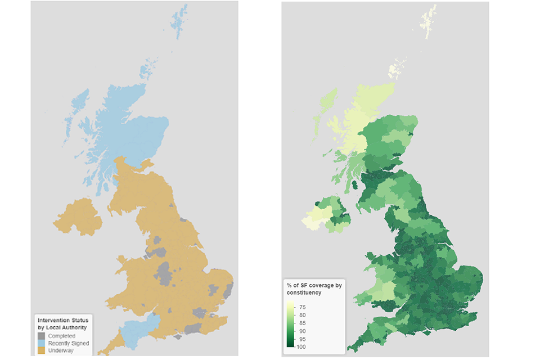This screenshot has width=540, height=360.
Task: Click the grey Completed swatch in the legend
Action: click(42, 335)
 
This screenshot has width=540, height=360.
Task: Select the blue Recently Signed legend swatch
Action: click(42, 343)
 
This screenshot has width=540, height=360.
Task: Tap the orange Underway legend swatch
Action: click(42, 350)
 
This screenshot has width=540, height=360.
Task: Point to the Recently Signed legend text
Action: click(67, 343)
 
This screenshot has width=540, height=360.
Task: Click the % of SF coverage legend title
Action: click(314, 289)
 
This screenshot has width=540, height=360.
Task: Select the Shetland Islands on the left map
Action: click(180, 20)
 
